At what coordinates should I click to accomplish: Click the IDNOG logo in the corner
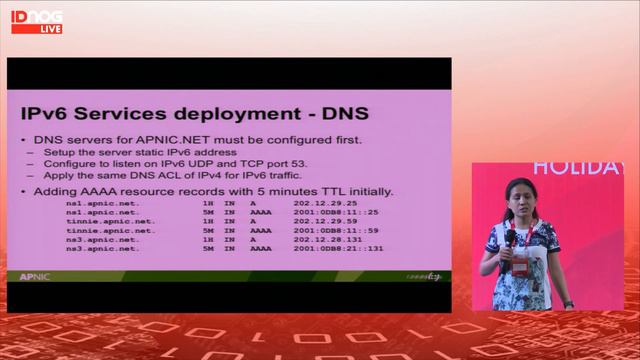[37, 16]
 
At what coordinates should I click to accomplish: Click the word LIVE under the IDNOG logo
[50, 29]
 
